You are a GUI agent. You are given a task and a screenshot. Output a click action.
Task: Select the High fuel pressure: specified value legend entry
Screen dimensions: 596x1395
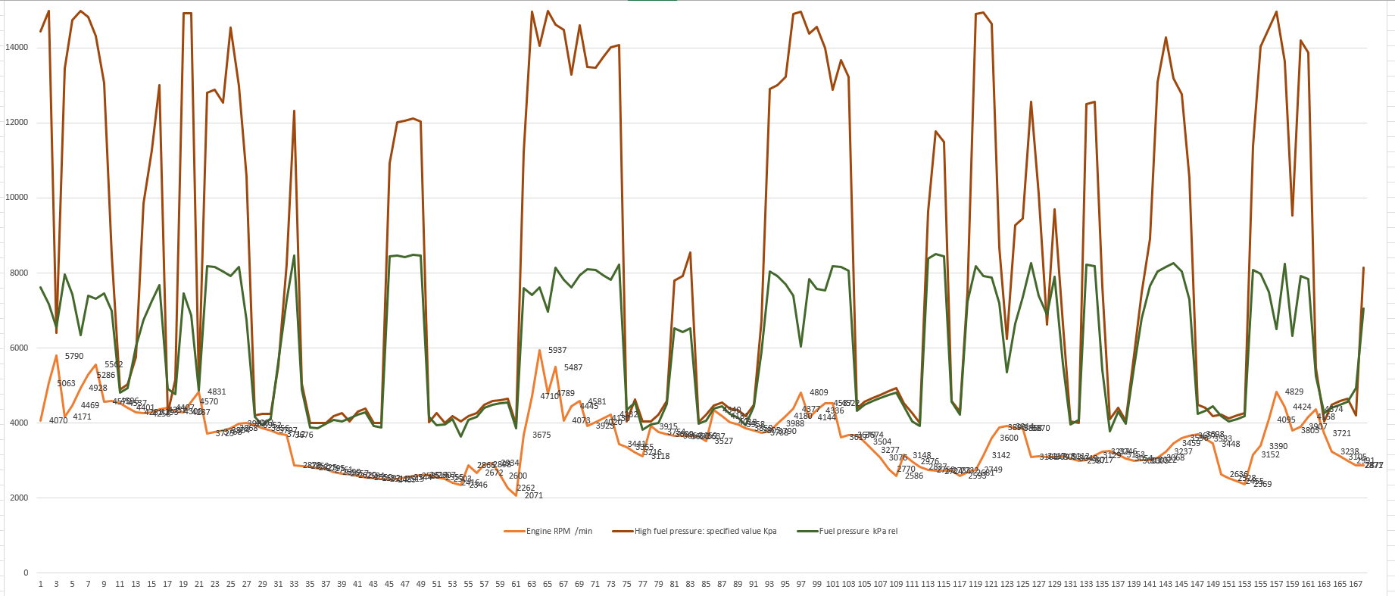pyautogui.click(x=704, y=531)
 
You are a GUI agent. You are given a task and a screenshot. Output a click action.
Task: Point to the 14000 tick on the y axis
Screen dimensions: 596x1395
pyautogui.click(x=17, y=47)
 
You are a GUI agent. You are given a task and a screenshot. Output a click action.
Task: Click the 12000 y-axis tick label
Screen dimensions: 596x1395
pyautogui.click(x=17, y=122)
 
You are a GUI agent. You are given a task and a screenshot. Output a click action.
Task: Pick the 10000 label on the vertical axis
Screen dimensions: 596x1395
pyautogui.click(x=17, y=197)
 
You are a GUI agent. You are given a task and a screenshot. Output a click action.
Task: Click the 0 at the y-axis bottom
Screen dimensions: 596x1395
pyautogui.click(x=26, y=573)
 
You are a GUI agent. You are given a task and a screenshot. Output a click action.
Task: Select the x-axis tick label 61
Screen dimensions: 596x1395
pyautogui.click(x=516, y=585)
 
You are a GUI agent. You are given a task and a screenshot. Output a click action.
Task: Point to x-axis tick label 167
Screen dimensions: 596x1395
pyautogui.click(x=1356, y=585)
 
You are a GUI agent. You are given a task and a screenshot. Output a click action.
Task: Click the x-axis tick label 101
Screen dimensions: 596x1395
pyautogui.click(x=833, y=585)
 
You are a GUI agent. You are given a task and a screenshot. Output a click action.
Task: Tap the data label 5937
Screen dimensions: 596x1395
pyautogui.click(x=557, y=350)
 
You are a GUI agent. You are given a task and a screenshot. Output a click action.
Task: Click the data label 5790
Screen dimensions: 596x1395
pyautogui.click(x=74, y=356)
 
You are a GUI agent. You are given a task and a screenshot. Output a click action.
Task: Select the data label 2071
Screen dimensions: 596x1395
pyautogui.click(x=533, y=495)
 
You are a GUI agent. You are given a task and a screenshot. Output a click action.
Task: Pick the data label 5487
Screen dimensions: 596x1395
pyautogui.click(x=573, y=367)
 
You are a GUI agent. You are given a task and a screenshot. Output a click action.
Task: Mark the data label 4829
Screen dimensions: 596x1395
pyautogui.click(x=1294, y=392)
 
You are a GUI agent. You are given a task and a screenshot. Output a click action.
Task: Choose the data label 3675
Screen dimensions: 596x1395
pyautogui.click(x=541, y=435)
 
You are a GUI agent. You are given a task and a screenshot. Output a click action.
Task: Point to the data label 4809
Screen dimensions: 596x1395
pyautogui.click(x=819, y=392)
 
